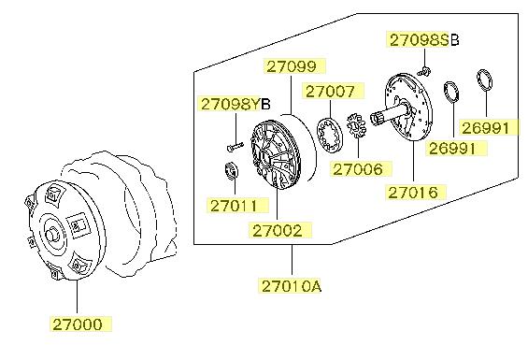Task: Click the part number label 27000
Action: [78, 324]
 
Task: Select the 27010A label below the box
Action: [292, 286]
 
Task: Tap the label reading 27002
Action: [278, 231]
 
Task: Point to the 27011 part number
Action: [234, 206]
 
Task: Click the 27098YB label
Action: [235, 105]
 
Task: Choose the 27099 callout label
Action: [292, 66]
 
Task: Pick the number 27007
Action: [330, 92]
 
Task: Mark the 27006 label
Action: [358, 169]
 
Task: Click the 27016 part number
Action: [413, 193]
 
